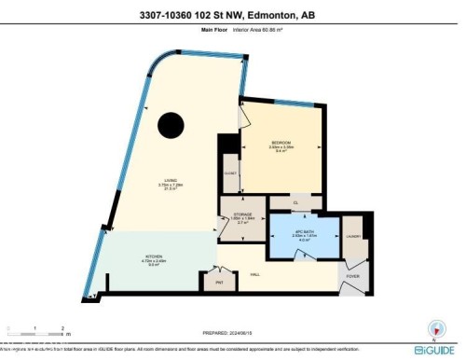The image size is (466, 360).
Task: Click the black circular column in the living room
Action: (x=171, y=124)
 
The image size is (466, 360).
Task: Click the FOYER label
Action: (x=353, y=276)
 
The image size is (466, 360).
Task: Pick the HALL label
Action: (x=254, y=273)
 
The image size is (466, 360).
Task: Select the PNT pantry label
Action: (x=220, y=282)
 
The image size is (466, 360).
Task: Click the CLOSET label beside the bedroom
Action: (x=230, y=173)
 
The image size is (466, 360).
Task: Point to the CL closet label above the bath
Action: (x=295, y=201)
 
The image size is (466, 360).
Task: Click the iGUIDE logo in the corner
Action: (x=434, y=350)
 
